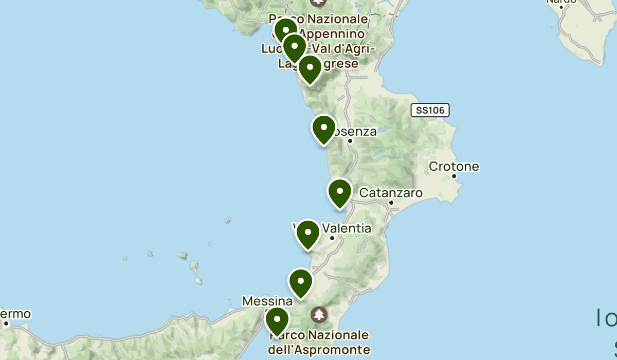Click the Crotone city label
click(x=453, y=167)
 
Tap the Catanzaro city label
click(x=391, y=193)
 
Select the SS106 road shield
click(x=430, y=110)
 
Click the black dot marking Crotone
click(x=454, y=176)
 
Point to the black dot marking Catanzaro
click(x=391, y=203)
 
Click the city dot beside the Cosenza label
click(x=350, y=140)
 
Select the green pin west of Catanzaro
click(x=339, y=192)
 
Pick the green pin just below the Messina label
click(x=277, y=320)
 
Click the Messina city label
click(x=267, y=300)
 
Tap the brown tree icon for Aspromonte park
click(x=319, y=313)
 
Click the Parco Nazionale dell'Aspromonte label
click(x=319, y=343)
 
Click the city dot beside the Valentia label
click(x=332, y=238)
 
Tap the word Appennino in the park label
click(x=332, y=34)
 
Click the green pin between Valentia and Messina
click(x=301, y=281)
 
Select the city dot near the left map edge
click(x=6, y=323)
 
